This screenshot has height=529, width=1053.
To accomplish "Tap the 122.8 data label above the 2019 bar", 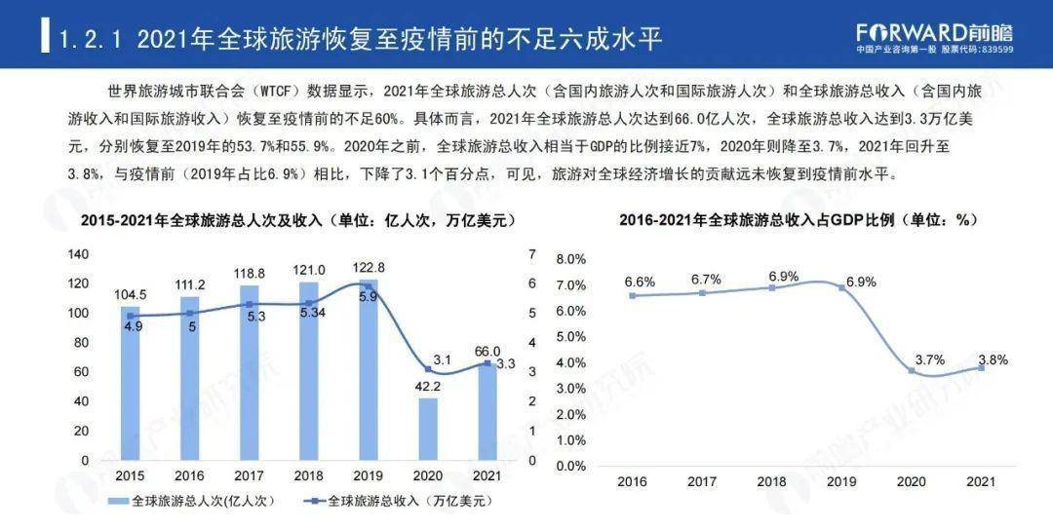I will (369, 268).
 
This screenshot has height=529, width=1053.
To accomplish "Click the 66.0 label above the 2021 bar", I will (487, 351).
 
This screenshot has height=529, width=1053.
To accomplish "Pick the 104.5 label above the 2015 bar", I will (131, 294).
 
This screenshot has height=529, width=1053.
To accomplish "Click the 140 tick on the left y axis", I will (77, 254).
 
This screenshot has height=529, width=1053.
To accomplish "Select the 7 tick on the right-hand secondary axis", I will (532, 254).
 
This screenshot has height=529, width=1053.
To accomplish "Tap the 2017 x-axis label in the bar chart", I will (250, 476).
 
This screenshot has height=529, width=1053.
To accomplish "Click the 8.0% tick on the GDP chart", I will (570, 259).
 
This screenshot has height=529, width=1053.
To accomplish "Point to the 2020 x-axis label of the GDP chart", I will (912, 481).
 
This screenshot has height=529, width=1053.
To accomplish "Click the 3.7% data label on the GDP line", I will (929, 359).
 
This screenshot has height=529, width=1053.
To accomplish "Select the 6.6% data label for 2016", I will (640, 282).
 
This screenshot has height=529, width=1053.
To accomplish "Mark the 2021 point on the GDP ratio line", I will (981, 367).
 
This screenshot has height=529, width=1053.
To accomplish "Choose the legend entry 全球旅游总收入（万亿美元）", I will (400, 501).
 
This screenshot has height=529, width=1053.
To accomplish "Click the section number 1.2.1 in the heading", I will (94, 40).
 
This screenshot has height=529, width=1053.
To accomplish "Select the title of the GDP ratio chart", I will (798, 220).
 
